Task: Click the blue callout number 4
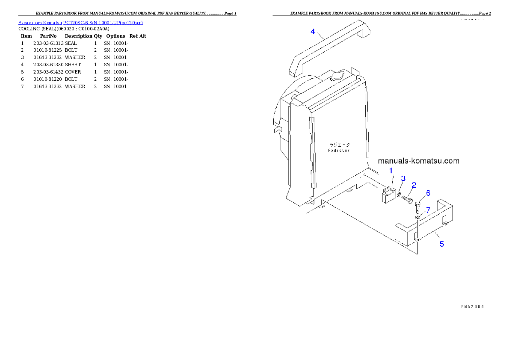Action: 313,32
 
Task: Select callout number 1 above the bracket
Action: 391,171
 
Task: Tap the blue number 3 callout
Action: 402,178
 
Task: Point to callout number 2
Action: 414,185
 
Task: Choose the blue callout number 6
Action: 428,193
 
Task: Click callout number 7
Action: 428,210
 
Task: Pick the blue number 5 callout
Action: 442,244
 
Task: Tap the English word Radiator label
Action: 339,150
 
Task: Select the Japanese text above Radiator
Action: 339,145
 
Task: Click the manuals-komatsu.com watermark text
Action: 419,161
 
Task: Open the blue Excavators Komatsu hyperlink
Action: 80,22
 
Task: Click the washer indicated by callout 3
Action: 399,195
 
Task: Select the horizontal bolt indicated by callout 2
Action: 407,199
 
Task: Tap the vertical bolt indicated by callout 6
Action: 418,207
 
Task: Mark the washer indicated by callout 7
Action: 417,218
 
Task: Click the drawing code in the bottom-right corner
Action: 472,306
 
